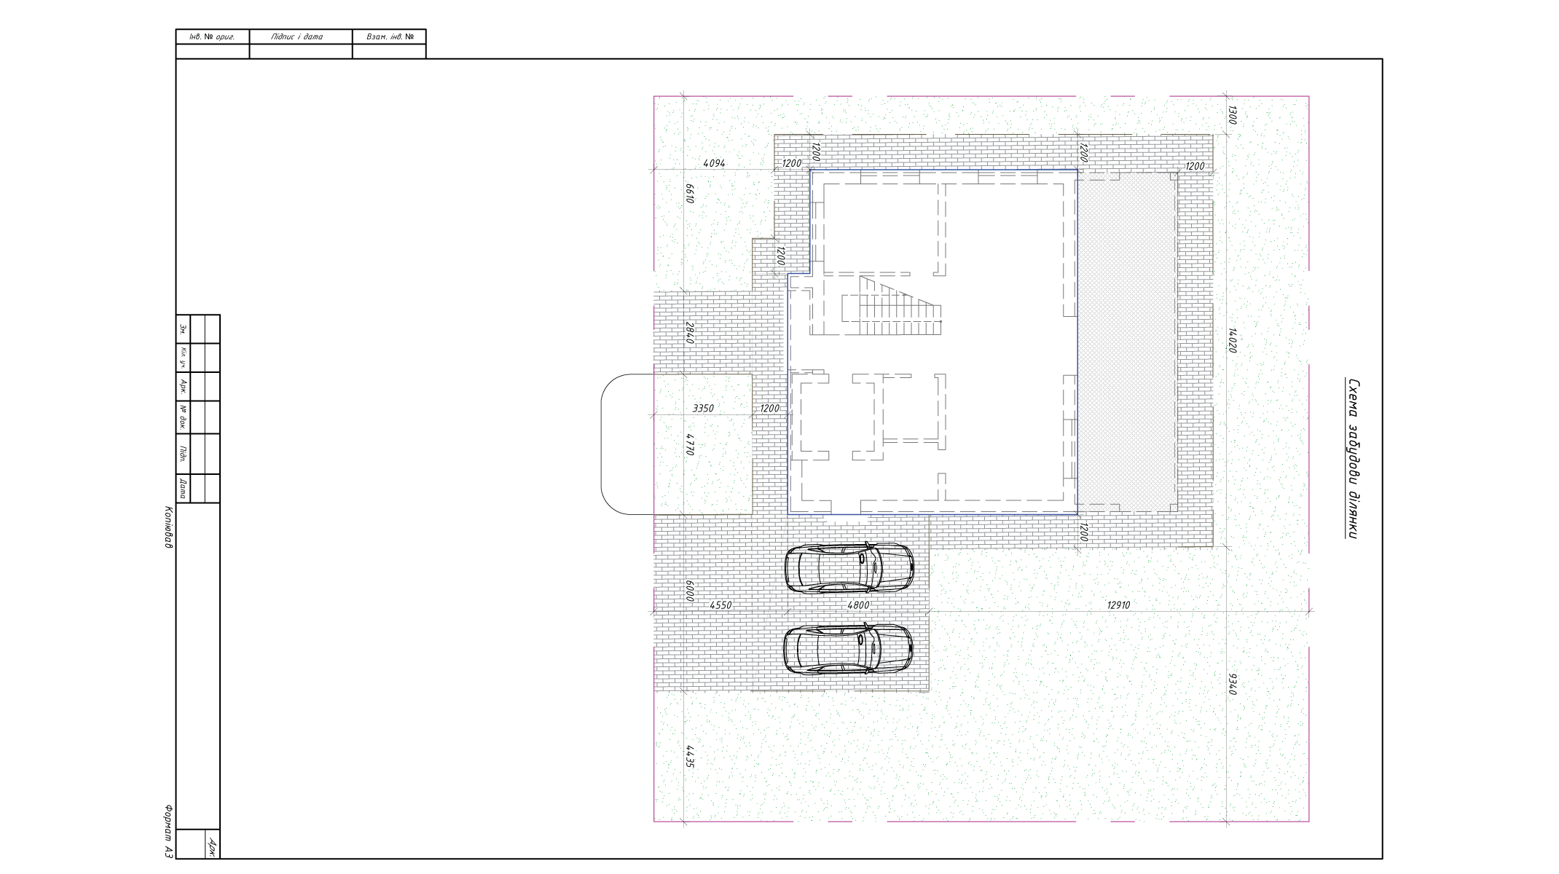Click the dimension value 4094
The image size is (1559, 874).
714,163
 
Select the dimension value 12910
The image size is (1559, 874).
1118,605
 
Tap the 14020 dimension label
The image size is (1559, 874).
1233,340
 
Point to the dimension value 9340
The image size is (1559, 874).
1233,684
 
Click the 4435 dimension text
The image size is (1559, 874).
689,756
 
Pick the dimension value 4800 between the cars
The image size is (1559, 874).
858,605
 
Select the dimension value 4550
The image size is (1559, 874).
720,605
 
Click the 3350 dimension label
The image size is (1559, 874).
703,409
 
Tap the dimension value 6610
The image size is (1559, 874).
689,193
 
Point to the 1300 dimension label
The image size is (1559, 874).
1233,115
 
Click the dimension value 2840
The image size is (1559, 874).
689,332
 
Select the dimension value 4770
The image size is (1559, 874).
689,444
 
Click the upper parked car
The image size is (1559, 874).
849,567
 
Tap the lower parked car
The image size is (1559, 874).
848,649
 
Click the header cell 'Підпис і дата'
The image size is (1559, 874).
297,36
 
